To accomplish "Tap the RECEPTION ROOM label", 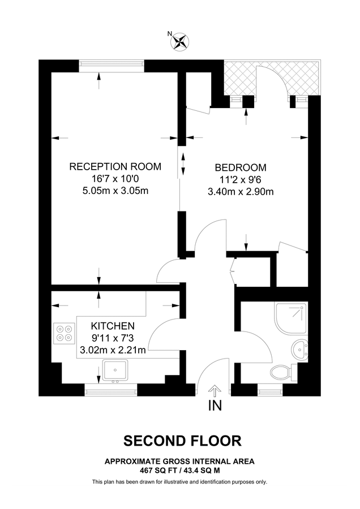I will tap(115, 166).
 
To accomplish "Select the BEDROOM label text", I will tap(241, 167).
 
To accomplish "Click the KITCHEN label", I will tap(113, 326).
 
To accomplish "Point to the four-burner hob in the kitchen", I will tap(64, 332).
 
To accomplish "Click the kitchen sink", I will tap(117, 370).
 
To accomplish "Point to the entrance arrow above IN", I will tap(215, 390).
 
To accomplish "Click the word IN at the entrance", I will tap(215, 406).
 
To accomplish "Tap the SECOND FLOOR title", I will tap(179, 440).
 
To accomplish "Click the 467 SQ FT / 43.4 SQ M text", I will tap(179, 470).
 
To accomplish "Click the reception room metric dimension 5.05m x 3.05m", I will tap(115, 191).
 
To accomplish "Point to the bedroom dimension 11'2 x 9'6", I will tap(241, 179).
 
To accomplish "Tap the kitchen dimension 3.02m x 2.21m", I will tap(113, 350).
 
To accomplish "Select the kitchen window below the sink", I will tap(111, 389).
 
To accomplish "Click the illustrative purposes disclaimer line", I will tap(179, 482).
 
